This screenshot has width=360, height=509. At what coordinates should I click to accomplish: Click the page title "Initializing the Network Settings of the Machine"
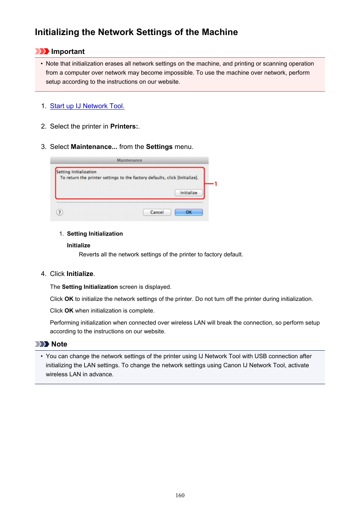click(136, 32)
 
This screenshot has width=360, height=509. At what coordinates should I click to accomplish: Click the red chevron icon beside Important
click(42, 51)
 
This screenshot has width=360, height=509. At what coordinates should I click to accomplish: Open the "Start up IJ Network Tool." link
click(87, 106)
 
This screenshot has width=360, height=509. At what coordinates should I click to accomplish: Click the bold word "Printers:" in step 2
click(124, 126)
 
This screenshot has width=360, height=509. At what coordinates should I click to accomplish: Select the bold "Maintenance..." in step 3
click(94, 147)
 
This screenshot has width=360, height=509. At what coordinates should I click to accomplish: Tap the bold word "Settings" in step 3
click(159, 147)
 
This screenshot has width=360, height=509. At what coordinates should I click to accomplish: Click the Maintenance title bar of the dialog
click(129, 160)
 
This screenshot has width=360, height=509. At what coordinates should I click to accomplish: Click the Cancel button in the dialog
click(157, 212)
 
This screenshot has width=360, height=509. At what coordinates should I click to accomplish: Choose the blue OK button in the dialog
click(189, 212)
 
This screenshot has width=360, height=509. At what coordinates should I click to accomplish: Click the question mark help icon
click(60, 212)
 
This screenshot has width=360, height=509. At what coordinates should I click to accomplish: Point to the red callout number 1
click(215, 184)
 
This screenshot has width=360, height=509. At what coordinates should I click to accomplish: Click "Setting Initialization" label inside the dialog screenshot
click(76, 172)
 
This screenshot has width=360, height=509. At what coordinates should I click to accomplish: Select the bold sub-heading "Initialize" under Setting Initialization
click(78, 245)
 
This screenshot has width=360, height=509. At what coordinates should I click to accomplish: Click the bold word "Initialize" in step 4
click(80, 274)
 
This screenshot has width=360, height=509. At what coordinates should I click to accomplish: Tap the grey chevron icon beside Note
click(42, 344)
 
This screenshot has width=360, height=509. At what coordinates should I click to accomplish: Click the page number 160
click(180, 495)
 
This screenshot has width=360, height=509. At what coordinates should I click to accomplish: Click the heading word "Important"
click(68, 52)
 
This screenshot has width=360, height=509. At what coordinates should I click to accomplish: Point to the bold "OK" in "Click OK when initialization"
click(69, 311)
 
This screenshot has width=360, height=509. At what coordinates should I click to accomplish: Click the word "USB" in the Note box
click(260, 356)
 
